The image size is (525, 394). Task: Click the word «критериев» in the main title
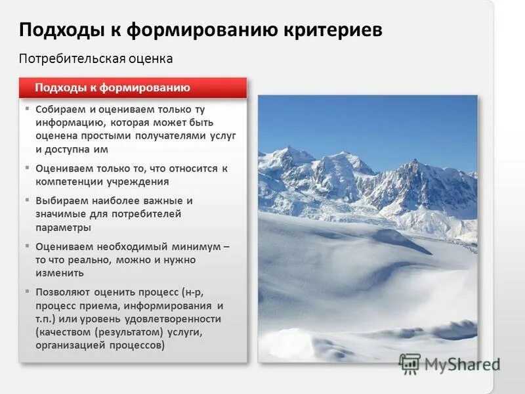[334, 30]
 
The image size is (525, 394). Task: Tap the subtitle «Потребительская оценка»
[96, 58]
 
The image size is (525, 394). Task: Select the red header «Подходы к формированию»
[112, 87]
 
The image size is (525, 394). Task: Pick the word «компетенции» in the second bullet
[69, 182]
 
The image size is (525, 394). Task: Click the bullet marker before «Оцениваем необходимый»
[28, 246]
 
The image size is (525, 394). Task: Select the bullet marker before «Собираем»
[28, 108]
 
